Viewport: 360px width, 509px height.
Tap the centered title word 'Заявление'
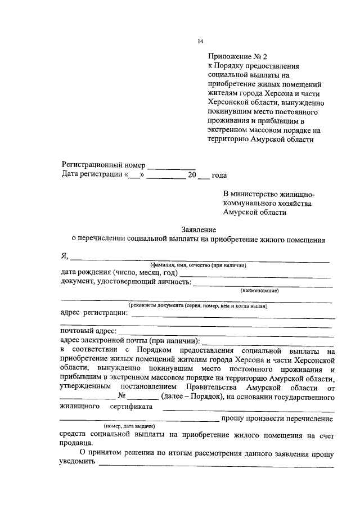[x=199, y=229]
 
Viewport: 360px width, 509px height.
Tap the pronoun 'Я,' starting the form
[x=65, y=256]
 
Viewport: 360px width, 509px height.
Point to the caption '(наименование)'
[x=259, y=290]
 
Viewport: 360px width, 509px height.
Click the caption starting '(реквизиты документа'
[x=197, y=306]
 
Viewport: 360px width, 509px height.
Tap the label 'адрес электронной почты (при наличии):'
[x=129, y=340]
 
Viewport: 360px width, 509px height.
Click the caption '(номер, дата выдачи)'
[x=129, y=427]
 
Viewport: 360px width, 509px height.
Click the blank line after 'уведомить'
[x=216, y=465]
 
